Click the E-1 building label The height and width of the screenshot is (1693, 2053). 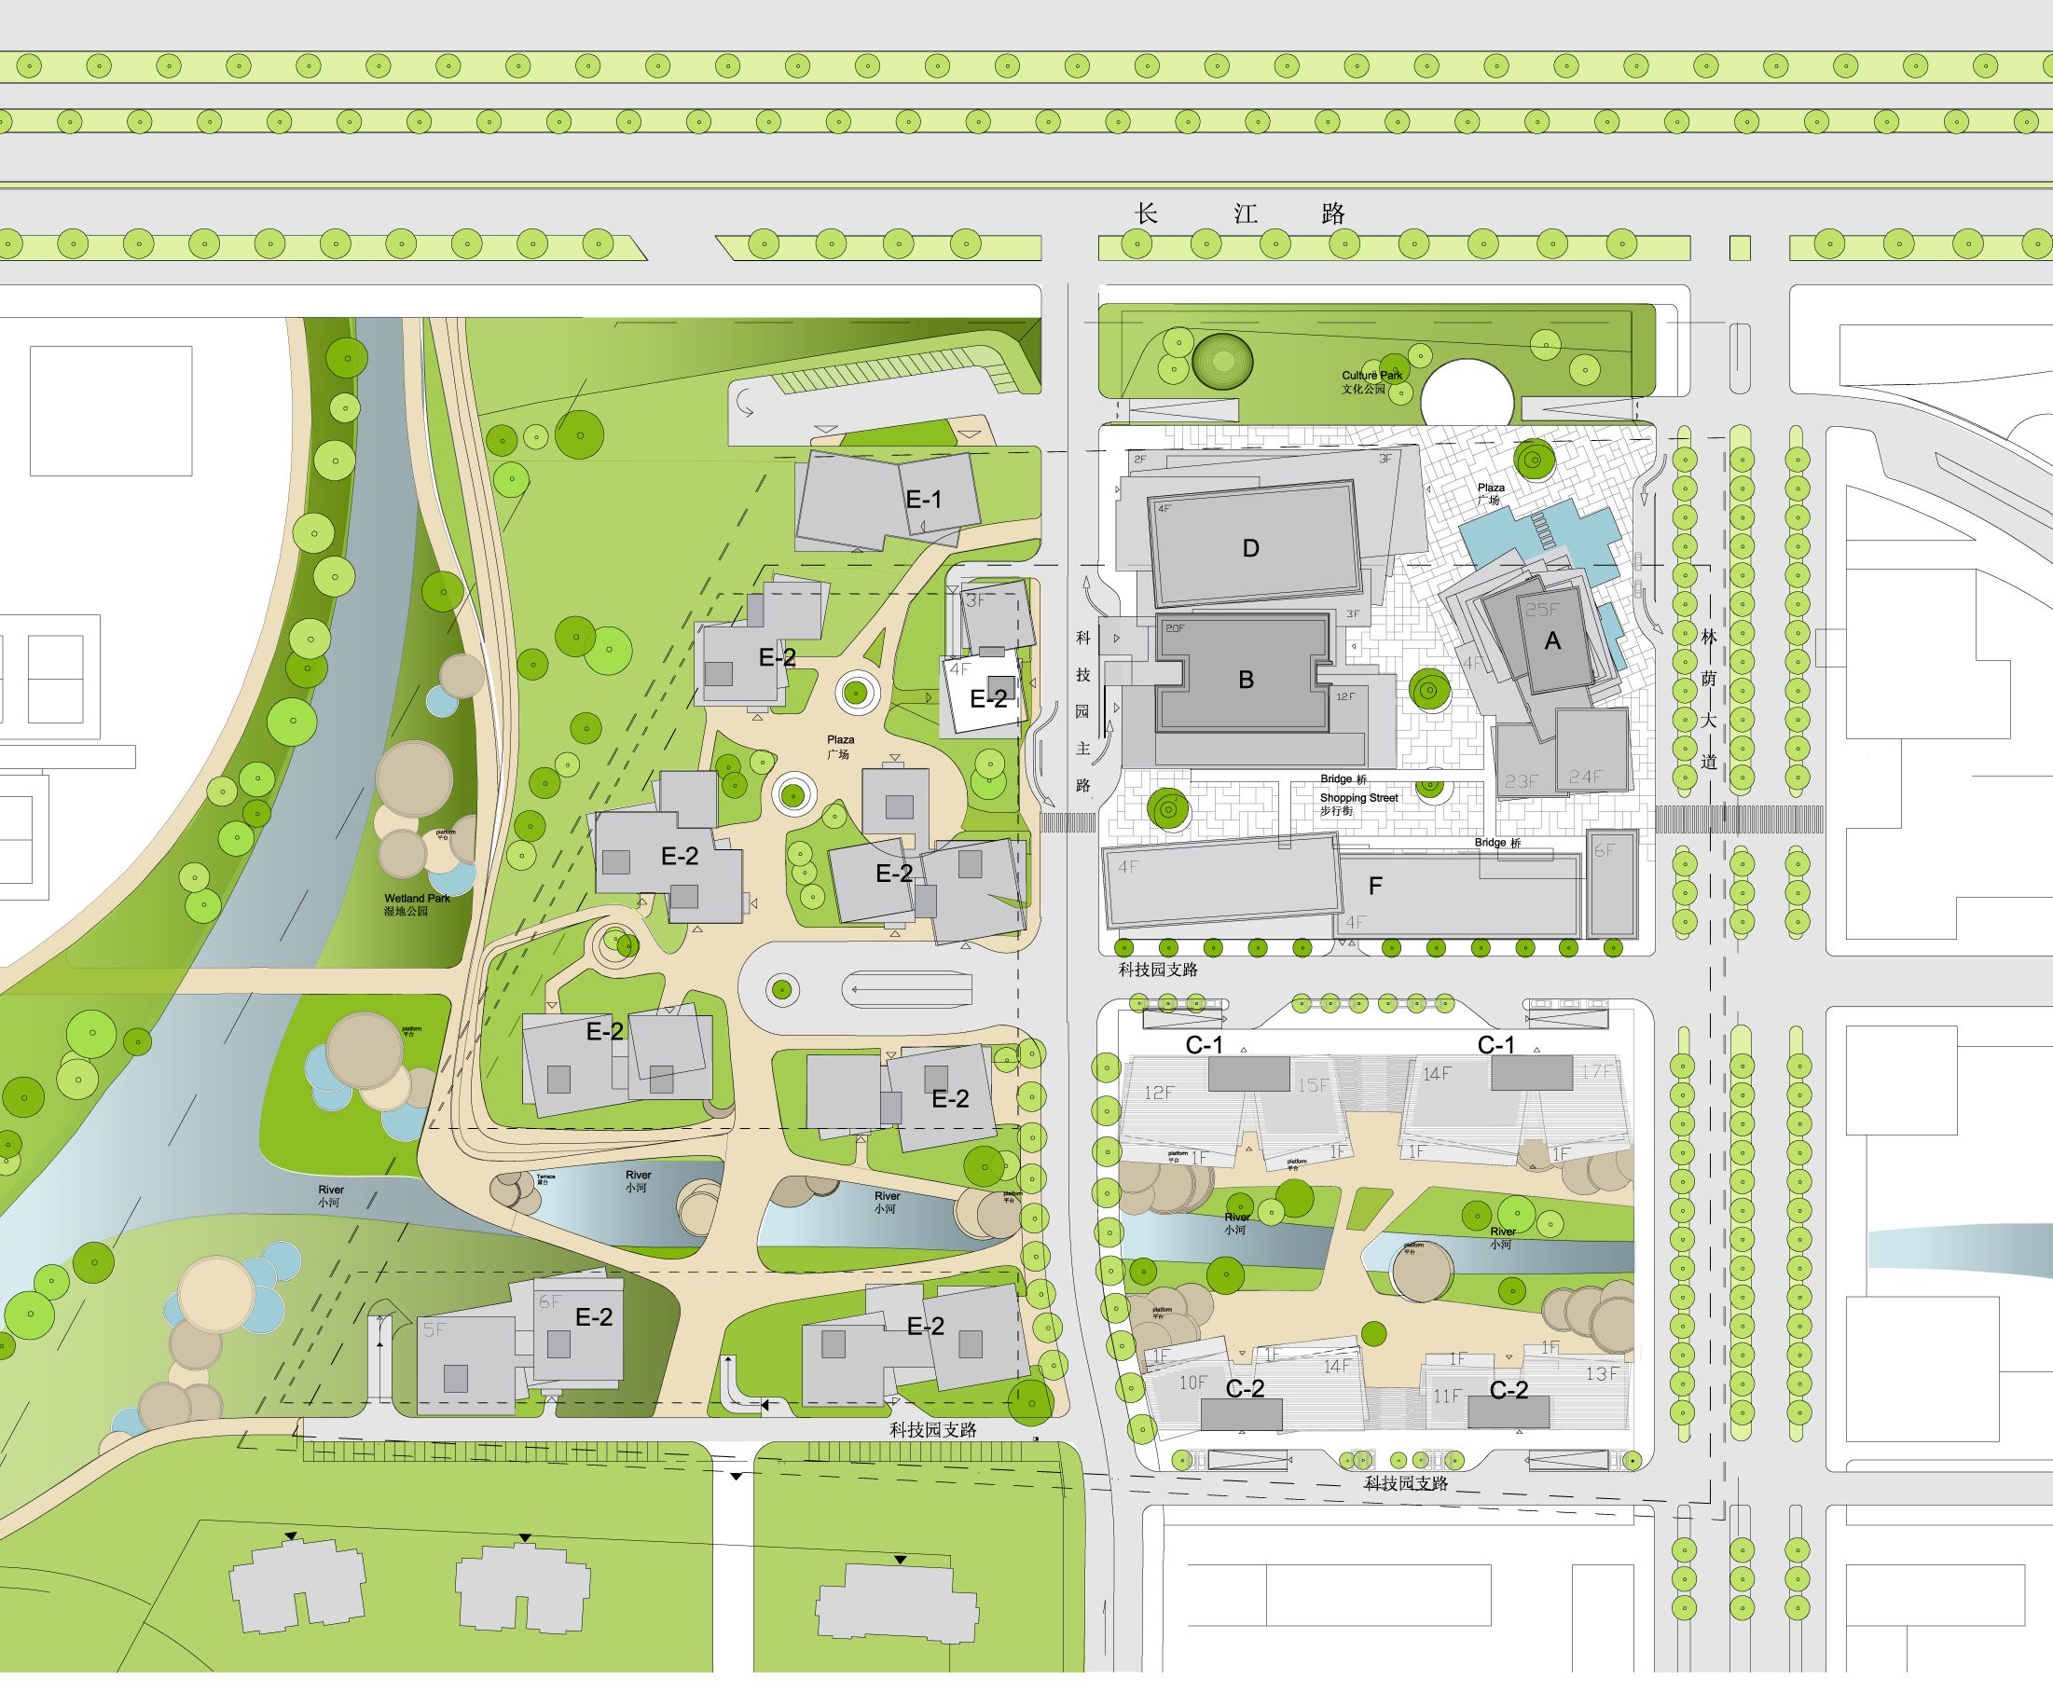[924, 501]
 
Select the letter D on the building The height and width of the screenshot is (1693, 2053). [1250, 549]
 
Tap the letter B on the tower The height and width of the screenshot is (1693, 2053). [1246, 681]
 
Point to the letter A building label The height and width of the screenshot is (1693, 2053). [1551, 641]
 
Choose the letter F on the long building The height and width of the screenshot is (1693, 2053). [1375, 887]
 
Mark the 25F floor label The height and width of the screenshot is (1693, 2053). [1542, 611]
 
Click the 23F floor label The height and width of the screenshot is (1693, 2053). [1521, 781]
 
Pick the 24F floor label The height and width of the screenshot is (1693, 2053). [1585, 778]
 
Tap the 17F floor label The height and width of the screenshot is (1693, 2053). [1596, 1072]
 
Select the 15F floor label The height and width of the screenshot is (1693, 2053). [1313, 1085]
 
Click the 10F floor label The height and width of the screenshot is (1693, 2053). [1192, 1383]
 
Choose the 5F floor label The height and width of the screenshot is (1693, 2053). [433, 1330]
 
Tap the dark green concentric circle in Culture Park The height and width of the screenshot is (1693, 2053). [1222, 362]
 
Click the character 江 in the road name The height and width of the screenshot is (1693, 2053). [1246, 214]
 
